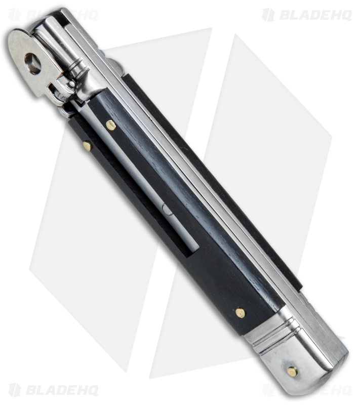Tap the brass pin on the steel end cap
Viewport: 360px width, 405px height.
pos(293,371)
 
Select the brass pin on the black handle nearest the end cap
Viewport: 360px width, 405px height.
pos(241,313)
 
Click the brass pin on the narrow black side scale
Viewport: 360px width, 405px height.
pos(88,146)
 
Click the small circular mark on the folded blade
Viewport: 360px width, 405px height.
pos(168,209)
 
